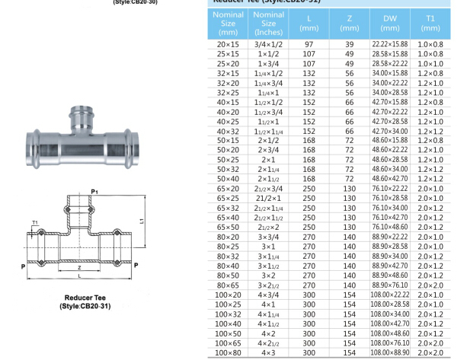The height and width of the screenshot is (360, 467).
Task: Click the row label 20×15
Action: tap(228, 45)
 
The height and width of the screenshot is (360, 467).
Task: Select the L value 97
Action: tap(309, 45)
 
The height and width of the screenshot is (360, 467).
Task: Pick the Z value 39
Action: tap(350, 45)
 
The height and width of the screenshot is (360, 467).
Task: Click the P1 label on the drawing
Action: tap(94, 192)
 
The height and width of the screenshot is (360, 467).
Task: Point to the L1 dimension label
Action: tap(142, 221)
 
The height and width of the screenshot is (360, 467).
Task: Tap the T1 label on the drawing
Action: tap(36, 224)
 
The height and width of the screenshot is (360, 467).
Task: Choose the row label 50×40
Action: tap(228, 178)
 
